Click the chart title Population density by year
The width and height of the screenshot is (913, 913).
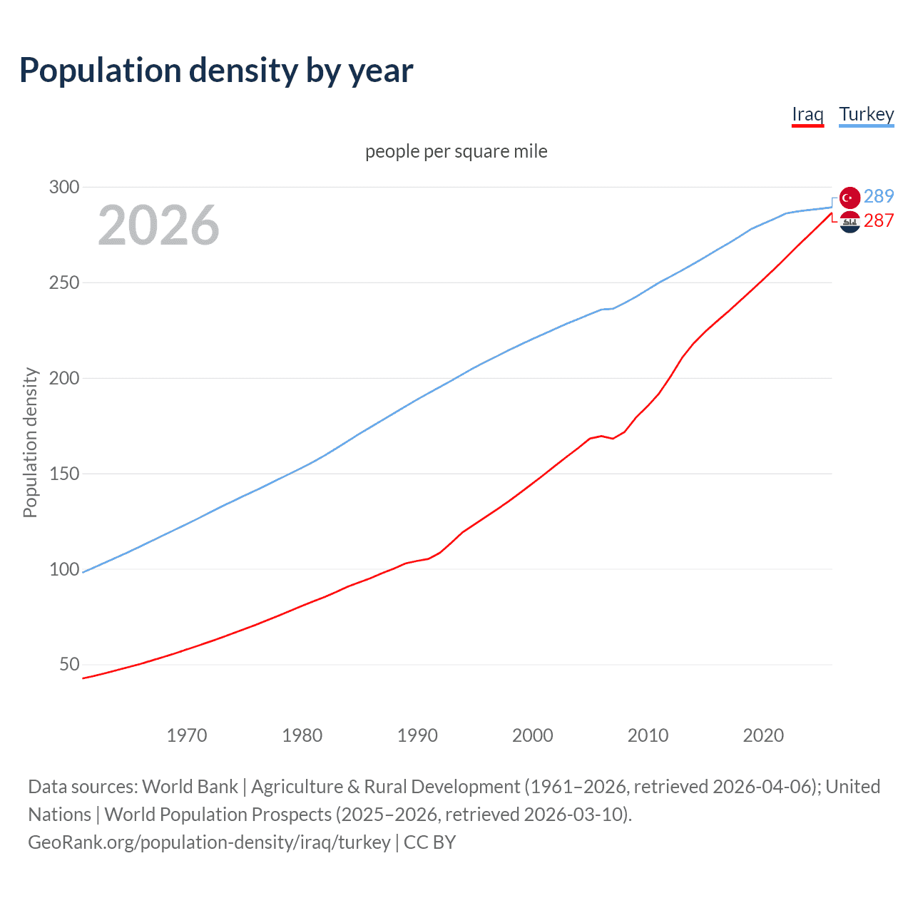tap(216, 71)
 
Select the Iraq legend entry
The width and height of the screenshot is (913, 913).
tap(807, 114)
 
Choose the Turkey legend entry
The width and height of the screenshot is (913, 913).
tap(866, 114)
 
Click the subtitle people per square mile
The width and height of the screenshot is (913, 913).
tap(456, 152)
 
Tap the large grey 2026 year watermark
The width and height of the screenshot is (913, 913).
tap(158, 225)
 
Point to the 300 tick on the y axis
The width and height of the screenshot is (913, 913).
tap(63, 188)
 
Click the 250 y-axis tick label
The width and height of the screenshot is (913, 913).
tap(63, 283)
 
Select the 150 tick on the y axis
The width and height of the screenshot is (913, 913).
tap(63, 474)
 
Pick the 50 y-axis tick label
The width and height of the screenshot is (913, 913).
tap(69, 665)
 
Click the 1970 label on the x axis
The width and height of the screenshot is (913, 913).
tap(187, 735)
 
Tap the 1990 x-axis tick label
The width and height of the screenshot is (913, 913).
tap(417, 735)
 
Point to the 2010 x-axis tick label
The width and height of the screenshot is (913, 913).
tap(648, 735)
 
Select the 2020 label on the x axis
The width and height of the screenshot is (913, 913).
tap(763, 735)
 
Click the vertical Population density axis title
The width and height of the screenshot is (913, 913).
tap(30, 442)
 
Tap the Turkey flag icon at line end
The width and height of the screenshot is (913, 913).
tap(850, 198)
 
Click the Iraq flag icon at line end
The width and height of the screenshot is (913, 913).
tap(850, 223)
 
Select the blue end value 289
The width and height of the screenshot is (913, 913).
tap(879, 196)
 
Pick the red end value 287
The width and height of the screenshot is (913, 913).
tap(879, 221)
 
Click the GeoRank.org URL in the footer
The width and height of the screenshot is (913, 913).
tap(209, 842)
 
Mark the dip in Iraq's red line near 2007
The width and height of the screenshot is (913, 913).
tap(613, 438)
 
